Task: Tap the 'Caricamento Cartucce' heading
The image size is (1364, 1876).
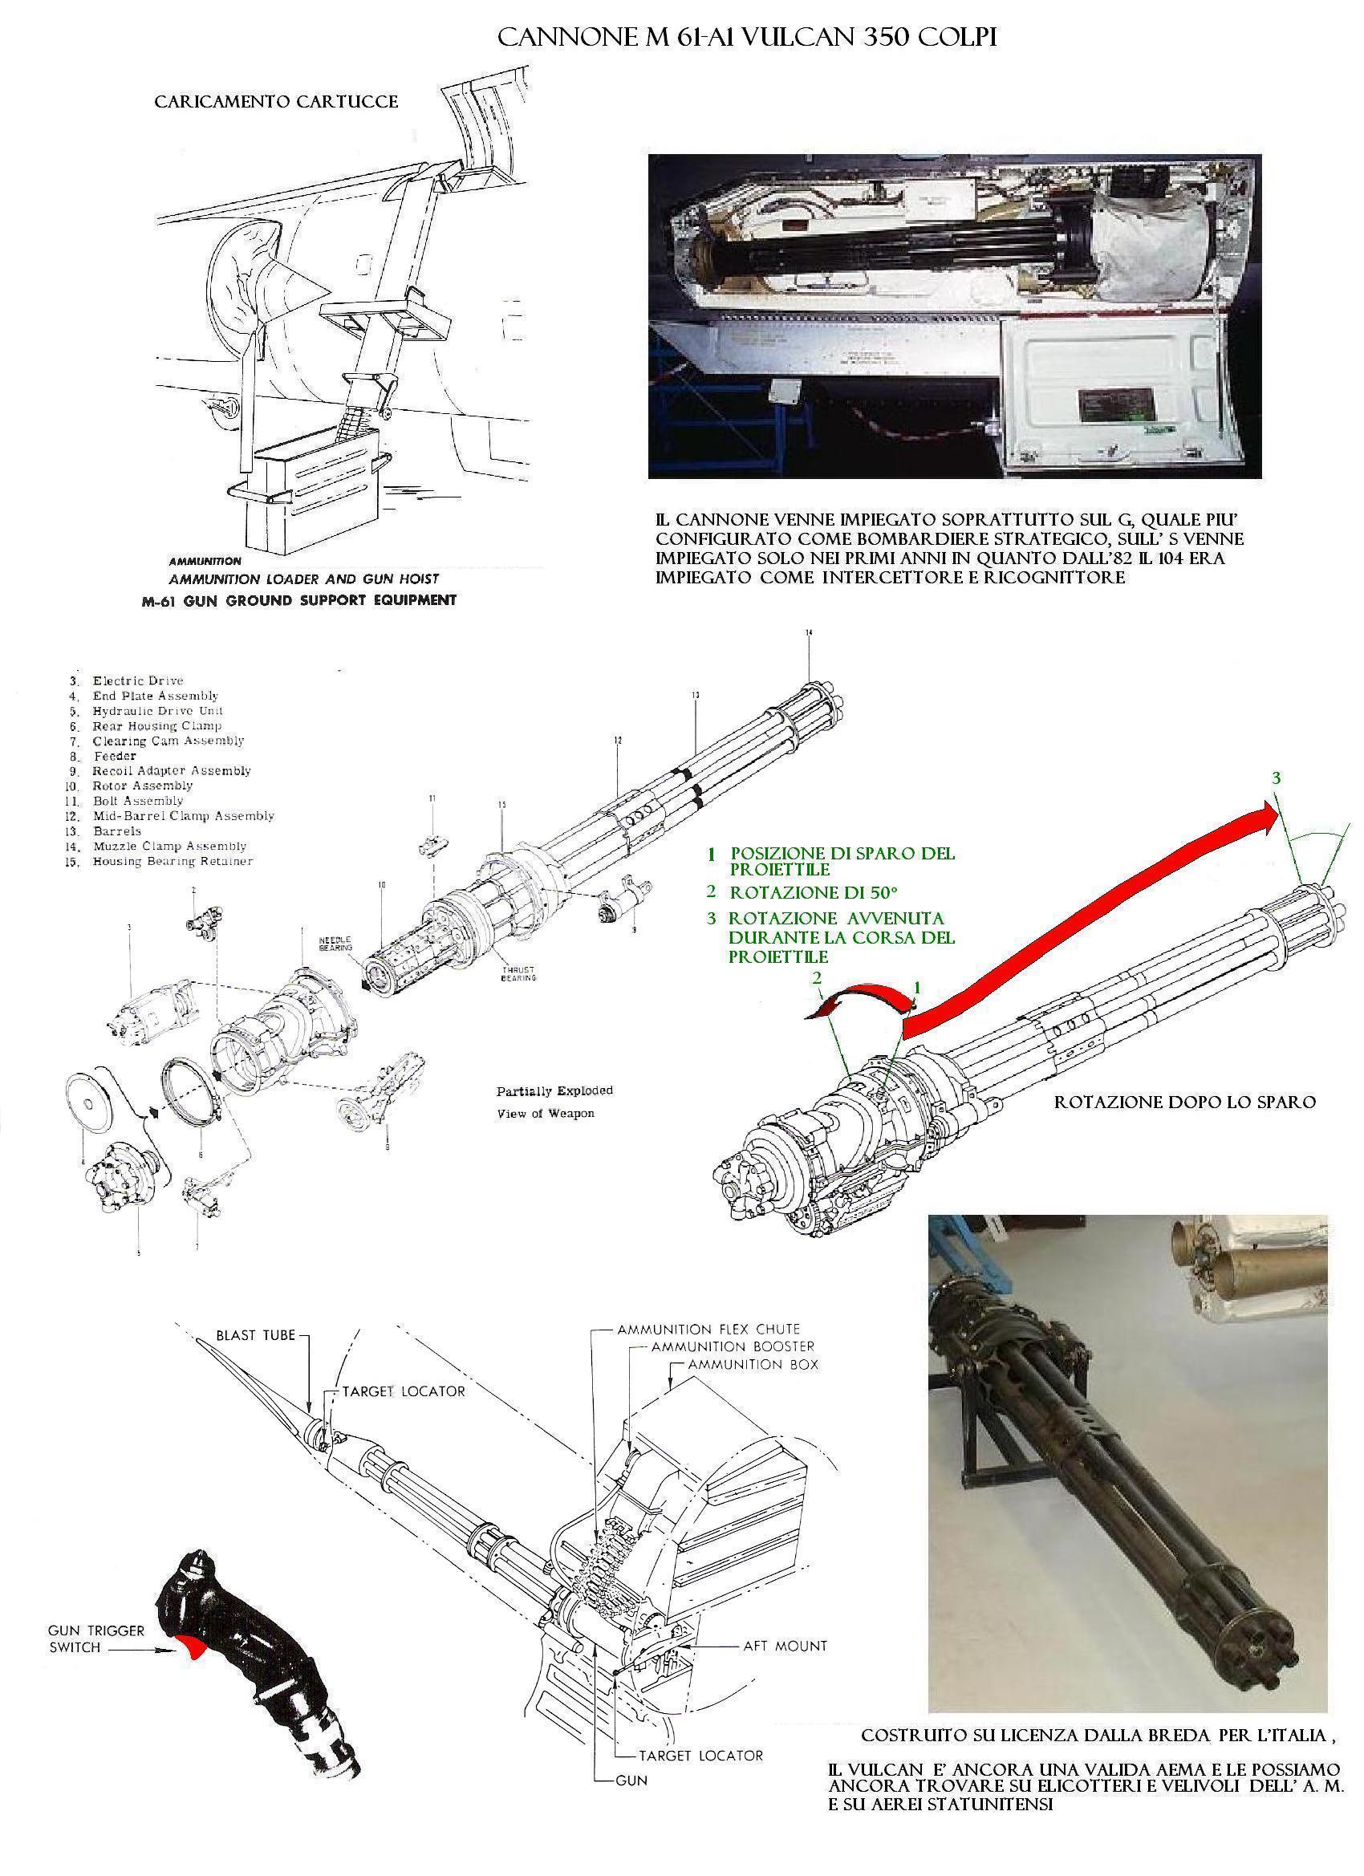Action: click(276, 102)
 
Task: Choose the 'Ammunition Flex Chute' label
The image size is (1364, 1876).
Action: click(707, 1330)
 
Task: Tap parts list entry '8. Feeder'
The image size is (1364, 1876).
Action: click(113, 756)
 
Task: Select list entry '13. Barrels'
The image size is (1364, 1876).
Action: click(116, 830)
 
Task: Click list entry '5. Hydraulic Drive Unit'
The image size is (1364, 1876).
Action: click(156, 711)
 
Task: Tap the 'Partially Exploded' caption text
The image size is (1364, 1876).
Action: click(554, 1091)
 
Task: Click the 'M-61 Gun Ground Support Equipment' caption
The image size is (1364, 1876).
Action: click(298, 599)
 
